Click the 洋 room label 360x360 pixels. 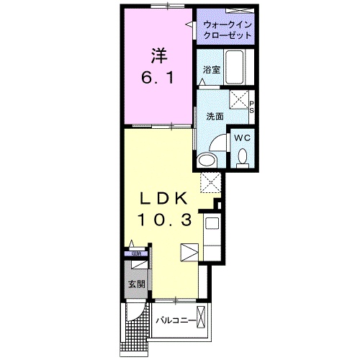(x=158, y=54)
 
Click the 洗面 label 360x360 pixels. (x=214, y=116)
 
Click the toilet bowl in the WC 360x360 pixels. (x=242, y=155)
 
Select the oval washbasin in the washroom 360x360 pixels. (x=207, y=160)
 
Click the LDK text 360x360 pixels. (x=163, y=199)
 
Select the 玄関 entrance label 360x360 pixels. (x=137, y=283)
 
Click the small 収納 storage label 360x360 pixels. (x=135, y=253)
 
